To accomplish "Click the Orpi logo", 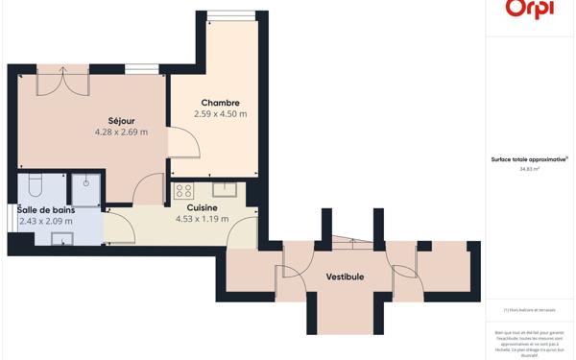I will click(x=529, y=9).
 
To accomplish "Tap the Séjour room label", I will click(x=121, y=121).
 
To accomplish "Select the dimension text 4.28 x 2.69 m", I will click(x=121, y=132).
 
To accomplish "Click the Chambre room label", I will click(x=220, y=103).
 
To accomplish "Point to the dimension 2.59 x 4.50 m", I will click(x=220, y=114).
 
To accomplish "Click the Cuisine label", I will click(x=202, y=207).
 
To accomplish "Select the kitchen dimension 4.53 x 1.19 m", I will click(x=202, y=219).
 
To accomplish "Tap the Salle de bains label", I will click(x=45, y=210).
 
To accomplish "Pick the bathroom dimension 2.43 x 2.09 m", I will click(x=45, y=222).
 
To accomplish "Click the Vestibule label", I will click(x=345, y=276).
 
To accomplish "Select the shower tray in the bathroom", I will click(x=86, y=189).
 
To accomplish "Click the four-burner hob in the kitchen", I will click(x=183, y=189).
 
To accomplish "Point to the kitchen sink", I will click(x=224, y=189).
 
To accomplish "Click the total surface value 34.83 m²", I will click(x=529, y=169).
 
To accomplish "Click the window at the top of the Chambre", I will click(x=231, y=16).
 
